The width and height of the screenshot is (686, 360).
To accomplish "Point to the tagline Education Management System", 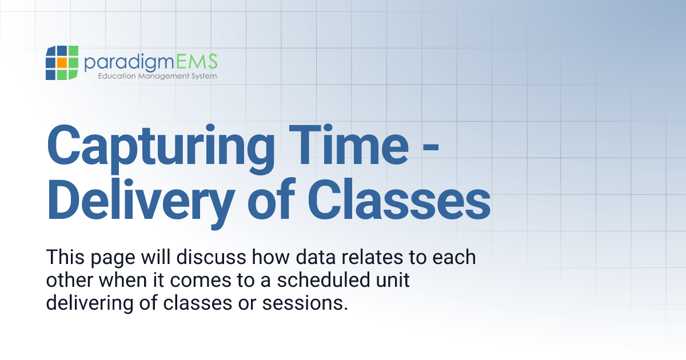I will coord(157,76).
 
